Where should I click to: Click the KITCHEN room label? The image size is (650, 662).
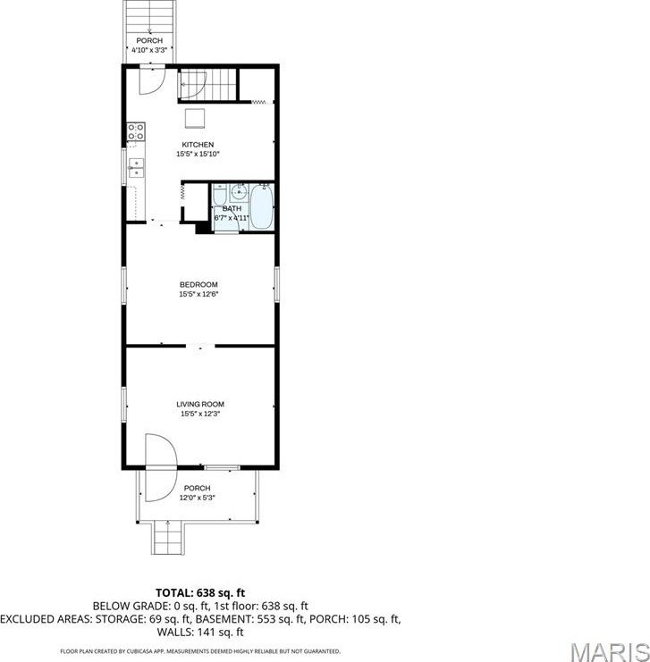198,145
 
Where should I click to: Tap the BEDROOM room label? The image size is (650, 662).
198,285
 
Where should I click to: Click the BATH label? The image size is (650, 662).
231,209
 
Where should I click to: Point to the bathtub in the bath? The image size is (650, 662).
260,206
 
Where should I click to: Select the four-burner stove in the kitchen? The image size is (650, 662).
136,132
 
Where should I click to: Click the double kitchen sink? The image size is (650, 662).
135,166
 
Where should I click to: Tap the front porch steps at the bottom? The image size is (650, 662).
168,537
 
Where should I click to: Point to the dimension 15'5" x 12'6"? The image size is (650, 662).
198,294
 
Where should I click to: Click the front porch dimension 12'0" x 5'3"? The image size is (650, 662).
197,498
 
